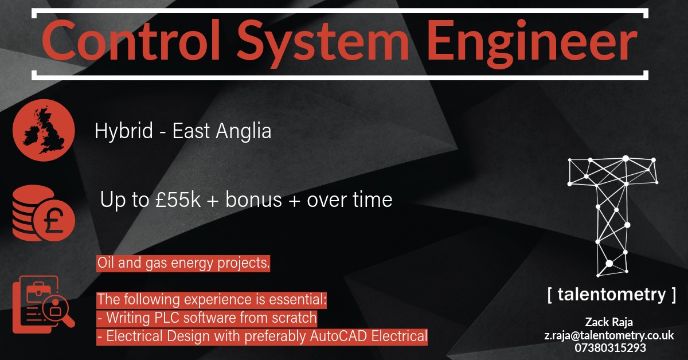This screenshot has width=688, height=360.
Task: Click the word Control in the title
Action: click(x=131, y=40)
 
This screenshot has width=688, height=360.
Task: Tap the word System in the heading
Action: click(x=322, y=43)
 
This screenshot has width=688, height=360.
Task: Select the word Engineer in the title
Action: click(x=532, y=43)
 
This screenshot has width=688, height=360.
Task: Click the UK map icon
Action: click(x=44, y=130)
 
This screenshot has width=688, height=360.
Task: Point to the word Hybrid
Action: click(x=124, y=131)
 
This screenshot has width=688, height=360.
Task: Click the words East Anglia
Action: click(x=222, y=131)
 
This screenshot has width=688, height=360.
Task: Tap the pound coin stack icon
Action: click(x=44, y=213)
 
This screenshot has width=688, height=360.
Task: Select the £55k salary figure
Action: click(x=178, y=199)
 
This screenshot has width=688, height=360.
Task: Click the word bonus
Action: click(x=253, y=199)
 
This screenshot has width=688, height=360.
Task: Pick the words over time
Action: click(x=350, y=199)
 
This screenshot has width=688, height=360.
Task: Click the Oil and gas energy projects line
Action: click(x=183, y=263)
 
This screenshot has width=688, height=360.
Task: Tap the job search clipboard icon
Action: click(x=44, y=304)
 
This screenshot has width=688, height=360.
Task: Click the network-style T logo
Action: click(x=613, y=217)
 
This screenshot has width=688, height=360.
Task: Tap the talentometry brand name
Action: click(x=612, y=295)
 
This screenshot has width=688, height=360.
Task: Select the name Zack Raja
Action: click(x=609, y=322)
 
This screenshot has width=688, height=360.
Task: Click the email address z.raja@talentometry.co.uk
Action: click(x=609, y=335)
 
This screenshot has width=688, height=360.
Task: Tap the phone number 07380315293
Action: click(x=610, y=348)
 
